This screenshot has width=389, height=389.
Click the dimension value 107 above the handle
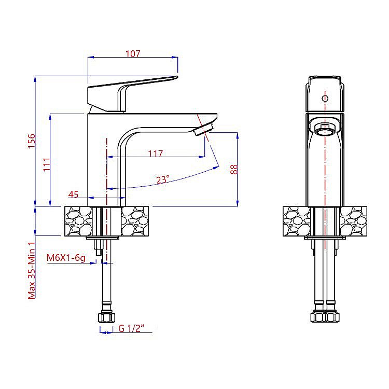pos(133,53)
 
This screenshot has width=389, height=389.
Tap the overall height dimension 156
pos(32,141)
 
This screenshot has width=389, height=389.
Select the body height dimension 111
pos(47,164)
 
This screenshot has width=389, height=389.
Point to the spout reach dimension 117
pos(156,154)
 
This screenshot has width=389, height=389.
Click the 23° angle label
pos(163,179)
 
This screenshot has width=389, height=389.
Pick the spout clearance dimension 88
pos(234,170)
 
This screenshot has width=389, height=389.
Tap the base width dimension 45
pos(73,195)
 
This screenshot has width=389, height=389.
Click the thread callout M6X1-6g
pos(66,258)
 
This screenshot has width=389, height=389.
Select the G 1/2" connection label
pos(132,328)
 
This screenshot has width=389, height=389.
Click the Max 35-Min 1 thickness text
pos(32,270)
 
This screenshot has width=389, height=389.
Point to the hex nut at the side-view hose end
pos(106,317)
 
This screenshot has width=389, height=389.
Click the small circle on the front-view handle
pos(325,99)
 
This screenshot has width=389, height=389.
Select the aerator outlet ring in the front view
pos(325,130)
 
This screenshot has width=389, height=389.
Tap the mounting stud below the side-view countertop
pos(98,247)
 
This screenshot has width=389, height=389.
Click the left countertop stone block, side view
pos(78,221)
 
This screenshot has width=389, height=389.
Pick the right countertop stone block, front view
pos(353,221)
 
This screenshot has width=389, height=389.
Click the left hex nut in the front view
pos(318,317)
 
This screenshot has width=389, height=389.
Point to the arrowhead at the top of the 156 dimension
pos(35,79)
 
